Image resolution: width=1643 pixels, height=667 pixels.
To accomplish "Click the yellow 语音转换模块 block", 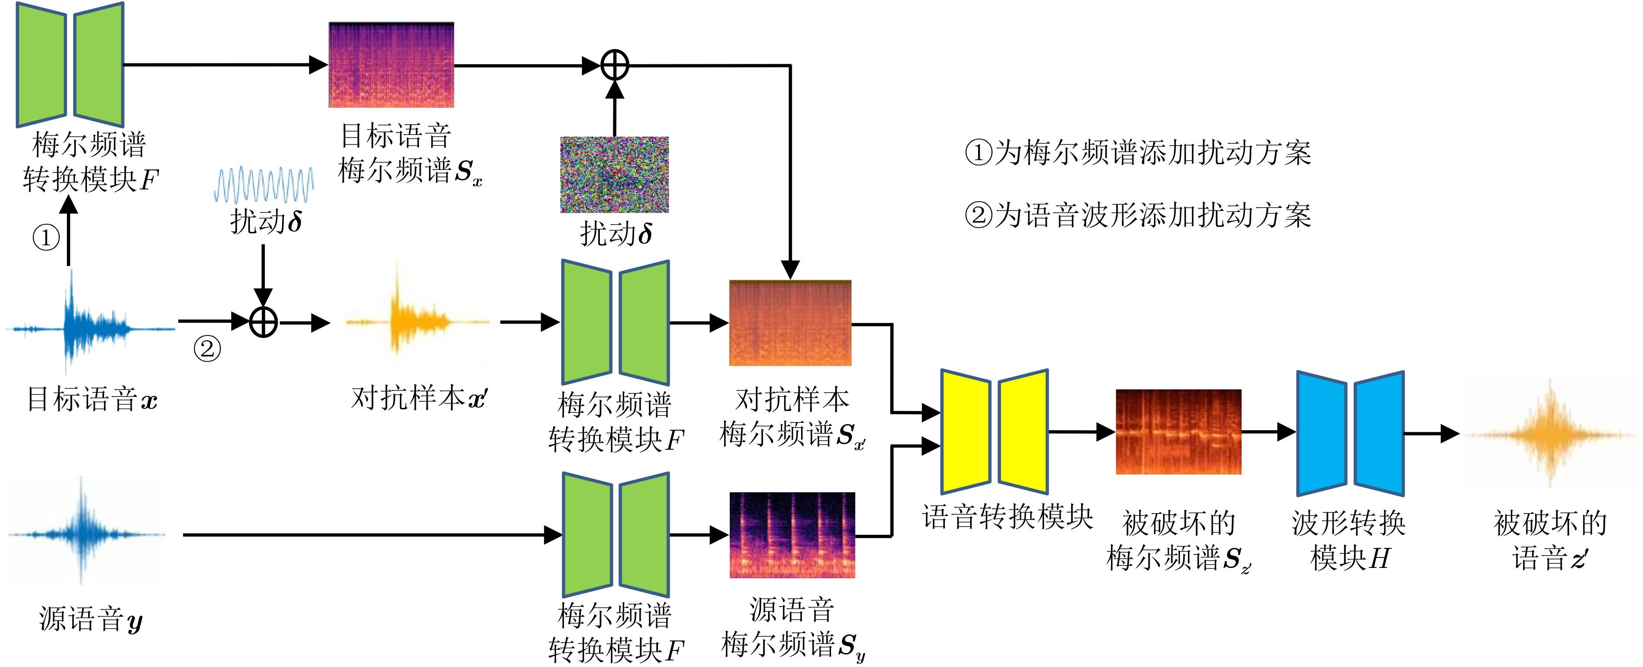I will pyautogui.click(x=994, y=431).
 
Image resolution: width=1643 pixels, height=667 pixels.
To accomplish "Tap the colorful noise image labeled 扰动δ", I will pyautogui.click(x=614, y=174).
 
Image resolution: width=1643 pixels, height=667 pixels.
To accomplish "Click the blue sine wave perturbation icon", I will pyautogui.click(x=263, y=185).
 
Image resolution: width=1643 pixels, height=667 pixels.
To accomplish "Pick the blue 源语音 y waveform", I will pyautogui.click(x=86, y=532).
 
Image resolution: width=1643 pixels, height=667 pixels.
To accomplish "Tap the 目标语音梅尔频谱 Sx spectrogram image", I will pyautogui.click(x=391, y=65).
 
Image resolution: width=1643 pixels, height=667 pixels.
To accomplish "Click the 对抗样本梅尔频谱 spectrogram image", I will pyautogui.click(x=790, y=323).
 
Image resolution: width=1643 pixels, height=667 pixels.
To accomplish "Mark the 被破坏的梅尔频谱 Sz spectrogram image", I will pyautogui.click(x=1178, y=431).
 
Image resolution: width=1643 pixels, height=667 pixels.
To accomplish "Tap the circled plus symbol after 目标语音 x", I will pyautogui.click(x=263, y=322).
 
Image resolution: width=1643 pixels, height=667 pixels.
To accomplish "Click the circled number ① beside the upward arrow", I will pyautogui.click(x=46, y=238).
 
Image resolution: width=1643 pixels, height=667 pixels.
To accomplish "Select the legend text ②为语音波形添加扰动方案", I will pyautogui.click(x=1138, y=215).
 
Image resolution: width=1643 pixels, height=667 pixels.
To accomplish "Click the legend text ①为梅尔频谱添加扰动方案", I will pyautogui.click(x=1138, y=153).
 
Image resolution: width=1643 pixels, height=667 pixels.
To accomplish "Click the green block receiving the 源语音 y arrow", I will pyautogui.click(x=615, y=534).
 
